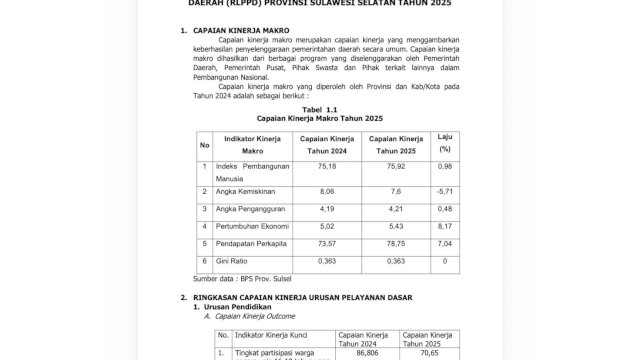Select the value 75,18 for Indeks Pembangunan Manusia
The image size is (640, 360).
[328, 167]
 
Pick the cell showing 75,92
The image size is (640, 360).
[397, 167]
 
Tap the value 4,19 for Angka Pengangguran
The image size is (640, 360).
[328, 209]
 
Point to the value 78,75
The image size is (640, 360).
[397, 243]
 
